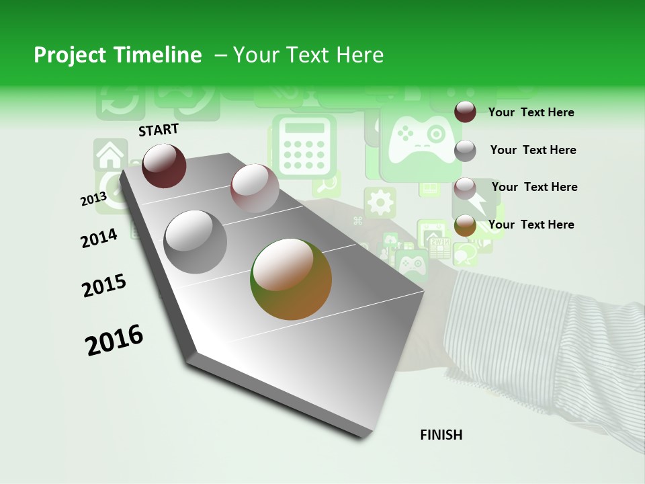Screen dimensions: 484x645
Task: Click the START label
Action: click(159, 130)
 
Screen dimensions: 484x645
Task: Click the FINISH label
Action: click(441, 435)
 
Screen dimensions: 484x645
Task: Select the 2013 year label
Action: click(93, 199)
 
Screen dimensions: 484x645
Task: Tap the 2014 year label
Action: click(99, 238)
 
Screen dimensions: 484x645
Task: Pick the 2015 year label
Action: click(103, 286)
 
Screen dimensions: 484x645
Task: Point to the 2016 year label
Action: click(114, 339)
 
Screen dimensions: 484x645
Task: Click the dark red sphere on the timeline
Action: click(164, 165)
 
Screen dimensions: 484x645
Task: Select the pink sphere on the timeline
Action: click(255, 188)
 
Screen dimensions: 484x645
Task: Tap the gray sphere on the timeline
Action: click(196, 241)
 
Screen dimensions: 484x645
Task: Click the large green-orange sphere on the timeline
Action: click(291, 279)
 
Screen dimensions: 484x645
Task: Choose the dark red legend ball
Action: click(465, 112)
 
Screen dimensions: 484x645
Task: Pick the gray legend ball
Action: click(465, 151)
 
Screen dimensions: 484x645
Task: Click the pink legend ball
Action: click(465, 188)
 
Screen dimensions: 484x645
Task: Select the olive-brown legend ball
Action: click(465, 226)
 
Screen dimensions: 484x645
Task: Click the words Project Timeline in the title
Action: click(118, 55)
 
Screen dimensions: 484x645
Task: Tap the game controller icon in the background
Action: click(420, 139)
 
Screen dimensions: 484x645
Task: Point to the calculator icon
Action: click(303, 146)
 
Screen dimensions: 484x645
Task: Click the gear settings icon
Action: click(380, 202)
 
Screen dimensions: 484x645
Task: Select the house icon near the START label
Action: click(110, 155)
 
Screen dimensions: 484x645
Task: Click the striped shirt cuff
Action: click(531, 343)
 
